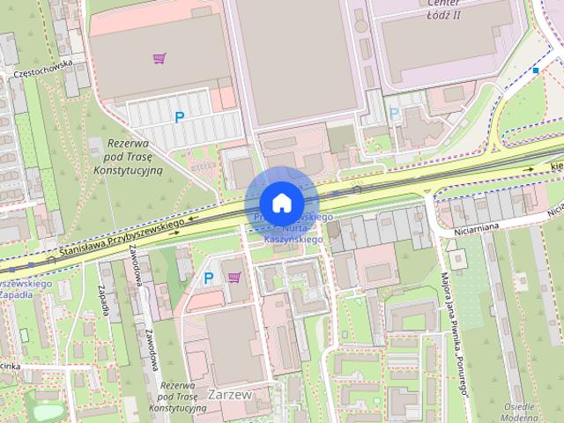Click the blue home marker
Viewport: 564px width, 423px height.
(x=280, y=203)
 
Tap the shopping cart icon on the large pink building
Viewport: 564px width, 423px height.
(x=159, y=59)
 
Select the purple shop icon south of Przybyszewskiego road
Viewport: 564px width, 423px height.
(x=234, y=278)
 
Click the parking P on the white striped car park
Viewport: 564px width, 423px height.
(x=180, y=116)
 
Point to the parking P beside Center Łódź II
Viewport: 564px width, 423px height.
(x=394, y=113)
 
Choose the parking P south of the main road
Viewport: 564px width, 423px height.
(x=209, y=278)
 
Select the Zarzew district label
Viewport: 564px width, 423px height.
(x=231, y=396)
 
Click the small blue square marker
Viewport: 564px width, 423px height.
(x=535, y=70)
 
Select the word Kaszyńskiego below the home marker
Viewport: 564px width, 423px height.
(x=293, y=239)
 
